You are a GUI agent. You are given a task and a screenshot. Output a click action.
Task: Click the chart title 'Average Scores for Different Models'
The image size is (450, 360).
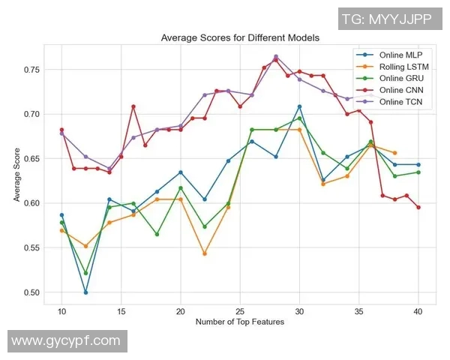point(240,37)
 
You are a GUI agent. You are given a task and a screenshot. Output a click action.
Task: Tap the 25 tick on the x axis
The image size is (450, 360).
point(240,310)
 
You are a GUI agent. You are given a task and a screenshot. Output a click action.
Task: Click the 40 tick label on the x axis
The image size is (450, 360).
point(418,310)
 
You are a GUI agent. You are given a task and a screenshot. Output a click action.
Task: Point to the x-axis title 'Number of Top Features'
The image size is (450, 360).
point(240,322)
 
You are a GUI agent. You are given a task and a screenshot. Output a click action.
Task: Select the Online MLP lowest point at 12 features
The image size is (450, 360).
point(85,292)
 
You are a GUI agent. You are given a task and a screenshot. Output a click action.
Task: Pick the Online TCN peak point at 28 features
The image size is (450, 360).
point(276,56)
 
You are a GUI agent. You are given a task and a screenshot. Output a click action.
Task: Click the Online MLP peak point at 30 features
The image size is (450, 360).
point(299,106)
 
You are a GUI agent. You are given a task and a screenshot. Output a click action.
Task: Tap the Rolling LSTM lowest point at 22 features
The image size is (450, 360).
point(205,253)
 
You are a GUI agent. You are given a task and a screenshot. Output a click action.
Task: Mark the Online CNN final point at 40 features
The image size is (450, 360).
point(418,207)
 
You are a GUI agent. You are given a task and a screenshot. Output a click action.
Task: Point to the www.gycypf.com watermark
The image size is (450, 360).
point(66,341)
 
